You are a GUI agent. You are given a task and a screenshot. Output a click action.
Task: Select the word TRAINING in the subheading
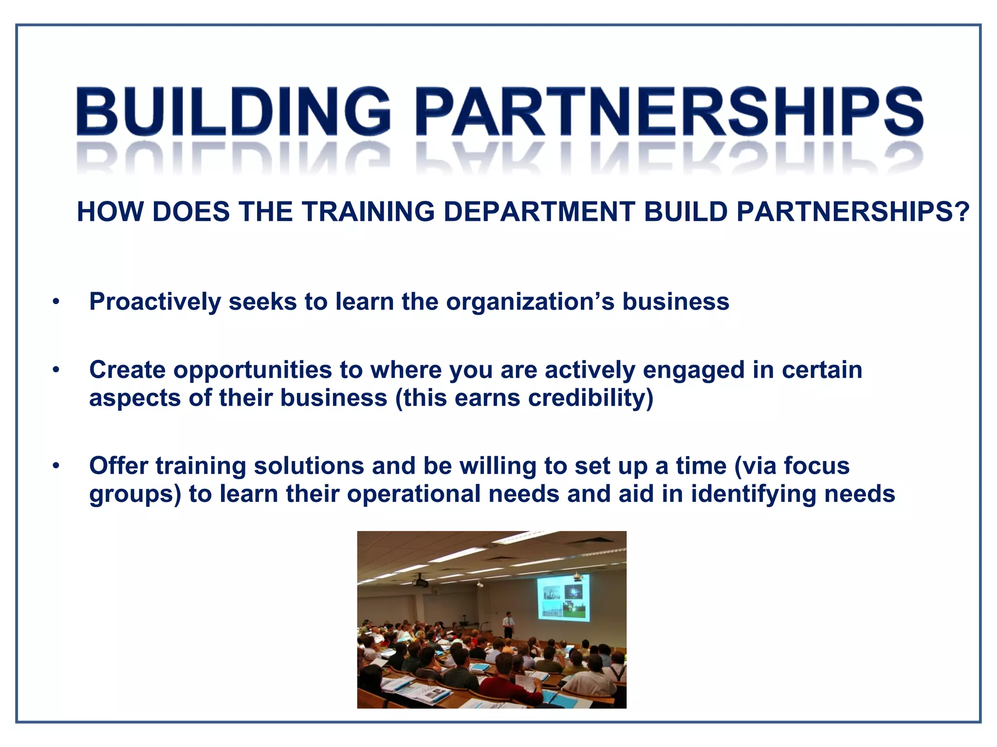368,212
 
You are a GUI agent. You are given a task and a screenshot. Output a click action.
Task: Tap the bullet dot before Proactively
56,302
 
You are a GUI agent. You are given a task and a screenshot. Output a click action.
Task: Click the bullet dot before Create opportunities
56,371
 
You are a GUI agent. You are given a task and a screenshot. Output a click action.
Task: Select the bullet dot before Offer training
56,466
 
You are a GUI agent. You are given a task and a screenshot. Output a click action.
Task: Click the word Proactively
155,302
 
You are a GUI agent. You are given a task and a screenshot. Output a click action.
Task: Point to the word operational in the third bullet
414,494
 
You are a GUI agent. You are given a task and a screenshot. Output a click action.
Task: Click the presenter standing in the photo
508,624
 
